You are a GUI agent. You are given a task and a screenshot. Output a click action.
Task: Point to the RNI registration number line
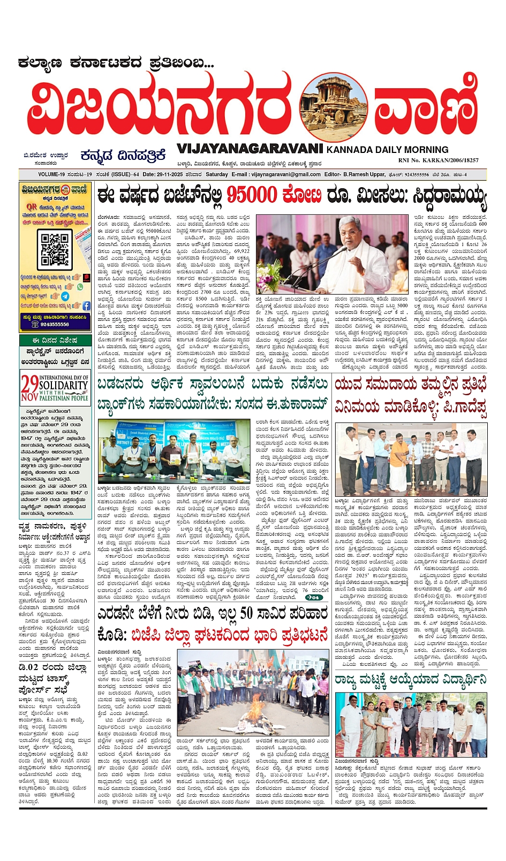(x=438, y=160)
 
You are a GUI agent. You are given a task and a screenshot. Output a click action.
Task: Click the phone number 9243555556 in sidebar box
(x=55, y=324)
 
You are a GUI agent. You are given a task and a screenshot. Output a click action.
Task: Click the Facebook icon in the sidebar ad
(x=86, y=306)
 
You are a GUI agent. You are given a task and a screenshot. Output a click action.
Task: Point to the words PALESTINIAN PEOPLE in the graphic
(x=64, y=398)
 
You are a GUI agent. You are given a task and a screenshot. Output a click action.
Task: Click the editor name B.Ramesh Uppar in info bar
(x=364, y=174)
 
